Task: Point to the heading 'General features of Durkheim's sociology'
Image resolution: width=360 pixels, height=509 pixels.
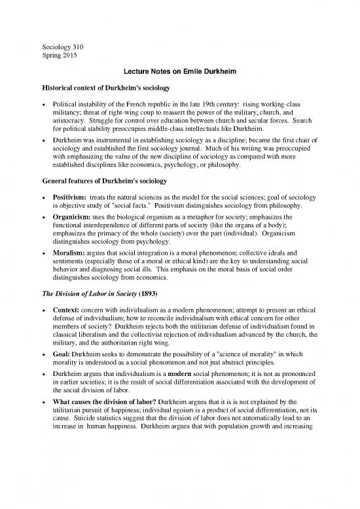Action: (x=106, y=179)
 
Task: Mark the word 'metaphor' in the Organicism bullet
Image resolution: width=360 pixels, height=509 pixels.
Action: (x=199, y=225)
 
